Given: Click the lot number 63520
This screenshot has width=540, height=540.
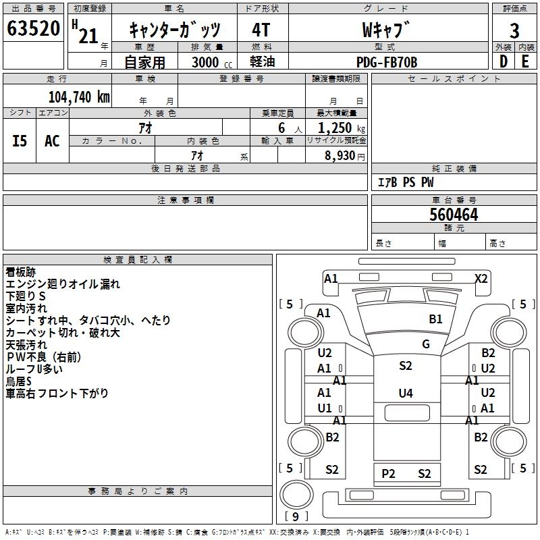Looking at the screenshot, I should pyautogui.click(x=33, y=30).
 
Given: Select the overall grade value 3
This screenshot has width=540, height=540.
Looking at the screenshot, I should pyautogui.click(x=514, y=30).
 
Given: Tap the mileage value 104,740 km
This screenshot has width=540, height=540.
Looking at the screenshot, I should pyautogui.click(x=78, y=97).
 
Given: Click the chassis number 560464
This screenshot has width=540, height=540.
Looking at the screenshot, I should pyautogui.click(x=454, y=215).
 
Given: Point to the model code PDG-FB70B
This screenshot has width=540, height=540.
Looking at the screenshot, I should pyautogui.click(x=387, y=62).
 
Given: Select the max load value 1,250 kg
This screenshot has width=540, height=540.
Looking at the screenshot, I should pyautogui.click(x=335, y=128).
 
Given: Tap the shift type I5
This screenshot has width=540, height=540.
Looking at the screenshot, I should pyautogui.click(x=20, y=141).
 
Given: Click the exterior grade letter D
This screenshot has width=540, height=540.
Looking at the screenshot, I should pyautogui.click(x=503, y=61).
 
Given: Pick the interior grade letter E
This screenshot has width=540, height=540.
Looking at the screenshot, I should pyautogui.click(x=525, y=61).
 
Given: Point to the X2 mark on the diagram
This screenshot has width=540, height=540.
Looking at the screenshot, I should pyautogui.click(x=481, y=278).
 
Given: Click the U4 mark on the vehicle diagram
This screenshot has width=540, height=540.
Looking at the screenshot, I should pyautogui.click(x=405, y=393).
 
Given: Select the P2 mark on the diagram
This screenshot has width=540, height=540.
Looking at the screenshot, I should pyautogui.click(x=388, y=473).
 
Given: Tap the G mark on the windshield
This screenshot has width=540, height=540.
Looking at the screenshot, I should pyautogui.click(x=425, y=344).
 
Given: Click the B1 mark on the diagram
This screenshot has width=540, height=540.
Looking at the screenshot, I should pyautogui.click(x=435, y=319).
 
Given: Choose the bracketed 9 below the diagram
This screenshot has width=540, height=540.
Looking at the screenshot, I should pyautogui.click(x=295, y=516).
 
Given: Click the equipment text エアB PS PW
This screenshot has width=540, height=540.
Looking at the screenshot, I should pyautogui.click(x=405, y=182).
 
